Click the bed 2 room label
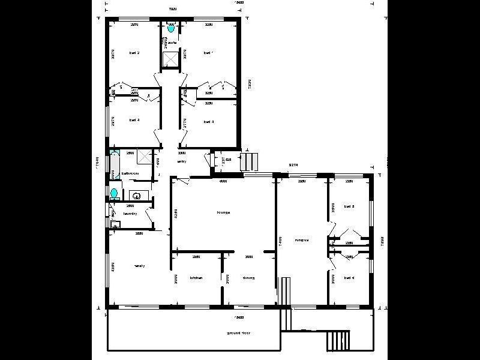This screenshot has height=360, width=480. tap(134, 53)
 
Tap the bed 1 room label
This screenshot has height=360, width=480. tap(208, 53)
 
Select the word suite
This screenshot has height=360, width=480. tap(172, 43)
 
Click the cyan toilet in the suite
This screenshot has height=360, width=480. tap(171, 28)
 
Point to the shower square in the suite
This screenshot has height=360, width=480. tap(171, 59)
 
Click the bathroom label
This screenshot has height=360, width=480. tap(130, 173)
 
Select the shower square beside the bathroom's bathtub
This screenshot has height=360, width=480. tap(144, 156)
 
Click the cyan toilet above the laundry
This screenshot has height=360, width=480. tap(114, 193)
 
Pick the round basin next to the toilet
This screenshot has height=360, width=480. tap(136, 195)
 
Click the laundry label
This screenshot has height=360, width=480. tap(130, 214)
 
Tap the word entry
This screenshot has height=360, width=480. tap(181, 161)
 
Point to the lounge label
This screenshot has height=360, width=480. tap(224, 212)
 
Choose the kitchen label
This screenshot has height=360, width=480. tap(197, 278)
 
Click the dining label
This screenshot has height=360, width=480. tap(248, 278)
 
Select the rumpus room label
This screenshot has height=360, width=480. tap(301, 240)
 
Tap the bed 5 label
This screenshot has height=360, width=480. tap(349, 207)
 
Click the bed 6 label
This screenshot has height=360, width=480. tap(349, 278)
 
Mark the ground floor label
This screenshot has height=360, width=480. tap(238, 332)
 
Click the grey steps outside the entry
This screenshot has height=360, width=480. tap(249, 161)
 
